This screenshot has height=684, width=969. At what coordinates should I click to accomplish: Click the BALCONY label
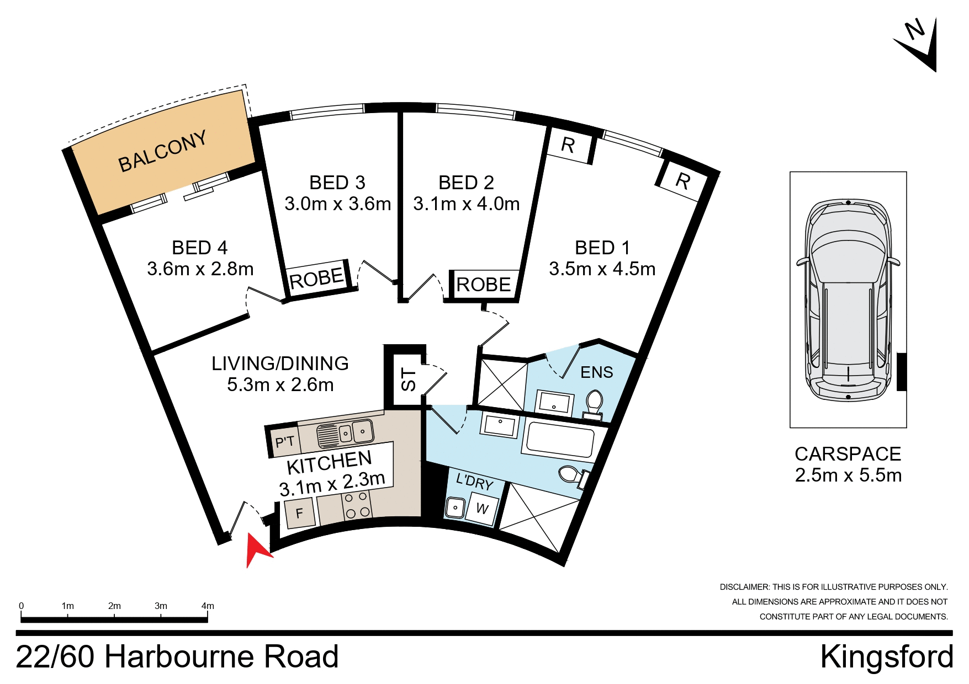coord(162,151)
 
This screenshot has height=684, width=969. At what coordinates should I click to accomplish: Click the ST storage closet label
coord(408,380)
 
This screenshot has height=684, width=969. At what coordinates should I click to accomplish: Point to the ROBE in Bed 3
coord(316,279)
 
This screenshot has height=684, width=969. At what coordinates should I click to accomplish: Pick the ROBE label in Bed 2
coord(484,285)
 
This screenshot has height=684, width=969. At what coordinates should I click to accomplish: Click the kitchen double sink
coord(345,433)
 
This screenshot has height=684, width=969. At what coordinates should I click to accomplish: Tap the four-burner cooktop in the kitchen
coord(356,505)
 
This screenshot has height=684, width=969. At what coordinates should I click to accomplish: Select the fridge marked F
coord(299,513)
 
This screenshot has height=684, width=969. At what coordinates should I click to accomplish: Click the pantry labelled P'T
coord(285,442)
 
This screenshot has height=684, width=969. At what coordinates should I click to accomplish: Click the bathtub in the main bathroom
coord(560,439)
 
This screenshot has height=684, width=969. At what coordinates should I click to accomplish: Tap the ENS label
coord(596,373)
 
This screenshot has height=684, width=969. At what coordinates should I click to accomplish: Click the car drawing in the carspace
coord(848,301)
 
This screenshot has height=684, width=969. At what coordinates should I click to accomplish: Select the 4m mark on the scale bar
coord(208,606)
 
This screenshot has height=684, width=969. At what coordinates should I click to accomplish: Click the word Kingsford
coord(886,657)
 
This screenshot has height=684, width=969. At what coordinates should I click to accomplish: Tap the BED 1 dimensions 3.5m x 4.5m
coord(602,269)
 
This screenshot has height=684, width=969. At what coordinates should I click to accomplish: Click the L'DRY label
coord(474,482)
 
